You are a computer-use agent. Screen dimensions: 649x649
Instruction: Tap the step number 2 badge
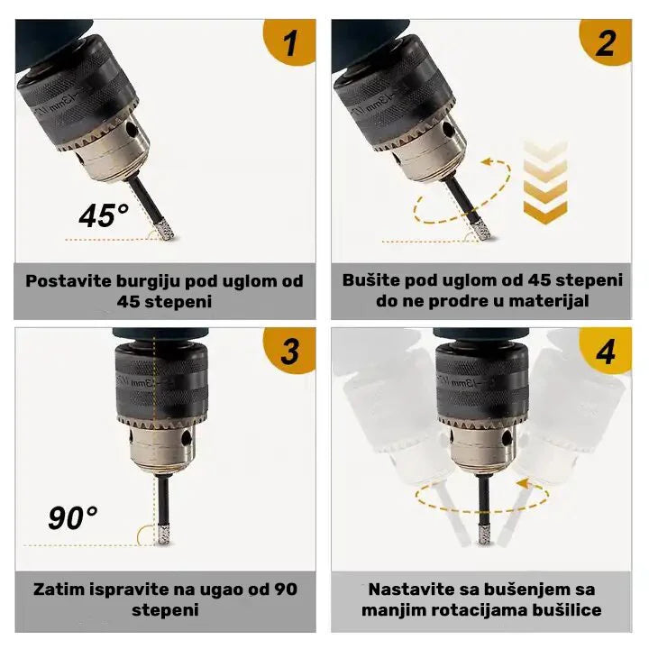pyautogui.click(x=606, y=42)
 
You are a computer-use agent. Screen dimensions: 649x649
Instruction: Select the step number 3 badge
pyautogui.click(x=290, y=351)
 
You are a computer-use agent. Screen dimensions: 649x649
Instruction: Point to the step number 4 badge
pyautogui.click(x=606, y=351)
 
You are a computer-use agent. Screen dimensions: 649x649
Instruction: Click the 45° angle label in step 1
pyautogui.click(x=104, y=215)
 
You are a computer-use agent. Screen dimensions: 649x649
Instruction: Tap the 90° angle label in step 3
pyautogui.click(x=73, y=517)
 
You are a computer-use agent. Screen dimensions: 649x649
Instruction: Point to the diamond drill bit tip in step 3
pyautogui.click(x=163, y=535)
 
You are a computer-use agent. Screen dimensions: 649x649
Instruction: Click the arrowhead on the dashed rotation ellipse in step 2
pyautogui.click(x=489, y=162)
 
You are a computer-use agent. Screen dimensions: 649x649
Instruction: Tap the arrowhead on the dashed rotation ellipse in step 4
pyautogui.click(x=522, y=483)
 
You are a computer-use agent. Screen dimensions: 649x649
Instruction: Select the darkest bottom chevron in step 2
pyautogui.click(x=545, y=213)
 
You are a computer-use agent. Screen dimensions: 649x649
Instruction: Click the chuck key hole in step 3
pyautogui.click(x=187, y=436)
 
